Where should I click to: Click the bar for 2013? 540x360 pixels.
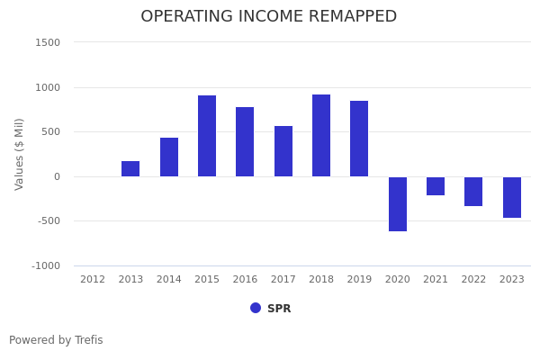pos(130,169)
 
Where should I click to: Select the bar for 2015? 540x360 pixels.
pos(207,136)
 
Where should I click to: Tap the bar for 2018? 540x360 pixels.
pos(321,135)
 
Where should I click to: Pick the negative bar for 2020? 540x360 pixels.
pos(398,203)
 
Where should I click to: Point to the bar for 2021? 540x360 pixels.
pos(436,185)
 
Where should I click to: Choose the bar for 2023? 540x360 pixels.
pos(512,197)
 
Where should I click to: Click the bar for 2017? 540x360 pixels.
pos(283,151)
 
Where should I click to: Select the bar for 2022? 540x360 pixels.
pos(473,191)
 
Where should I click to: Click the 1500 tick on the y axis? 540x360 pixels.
pos(48,42)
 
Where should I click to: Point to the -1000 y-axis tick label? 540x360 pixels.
pos(46,265)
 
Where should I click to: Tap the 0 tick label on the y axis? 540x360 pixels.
pos(56,176)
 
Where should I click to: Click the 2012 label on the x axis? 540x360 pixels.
pos(93,280)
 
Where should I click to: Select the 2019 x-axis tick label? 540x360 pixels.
pos(359,280)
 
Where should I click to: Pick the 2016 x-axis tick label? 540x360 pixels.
pos(245,280)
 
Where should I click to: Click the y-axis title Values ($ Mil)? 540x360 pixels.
pos(20,154)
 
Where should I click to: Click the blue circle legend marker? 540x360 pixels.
pos(256,308)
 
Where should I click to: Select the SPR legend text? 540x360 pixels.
pos(279,309)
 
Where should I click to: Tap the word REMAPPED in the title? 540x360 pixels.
pos(346,17)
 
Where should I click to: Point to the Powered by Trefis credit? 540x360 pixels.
pos(56,340)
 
